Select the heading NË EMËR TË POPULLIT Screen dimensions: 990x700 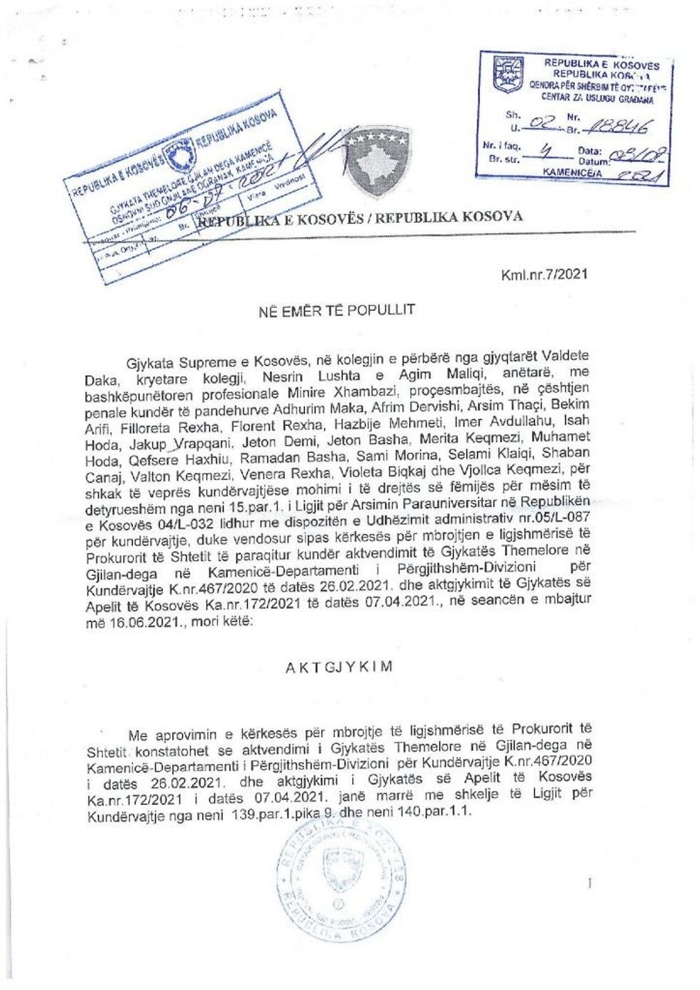(336, 309)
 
